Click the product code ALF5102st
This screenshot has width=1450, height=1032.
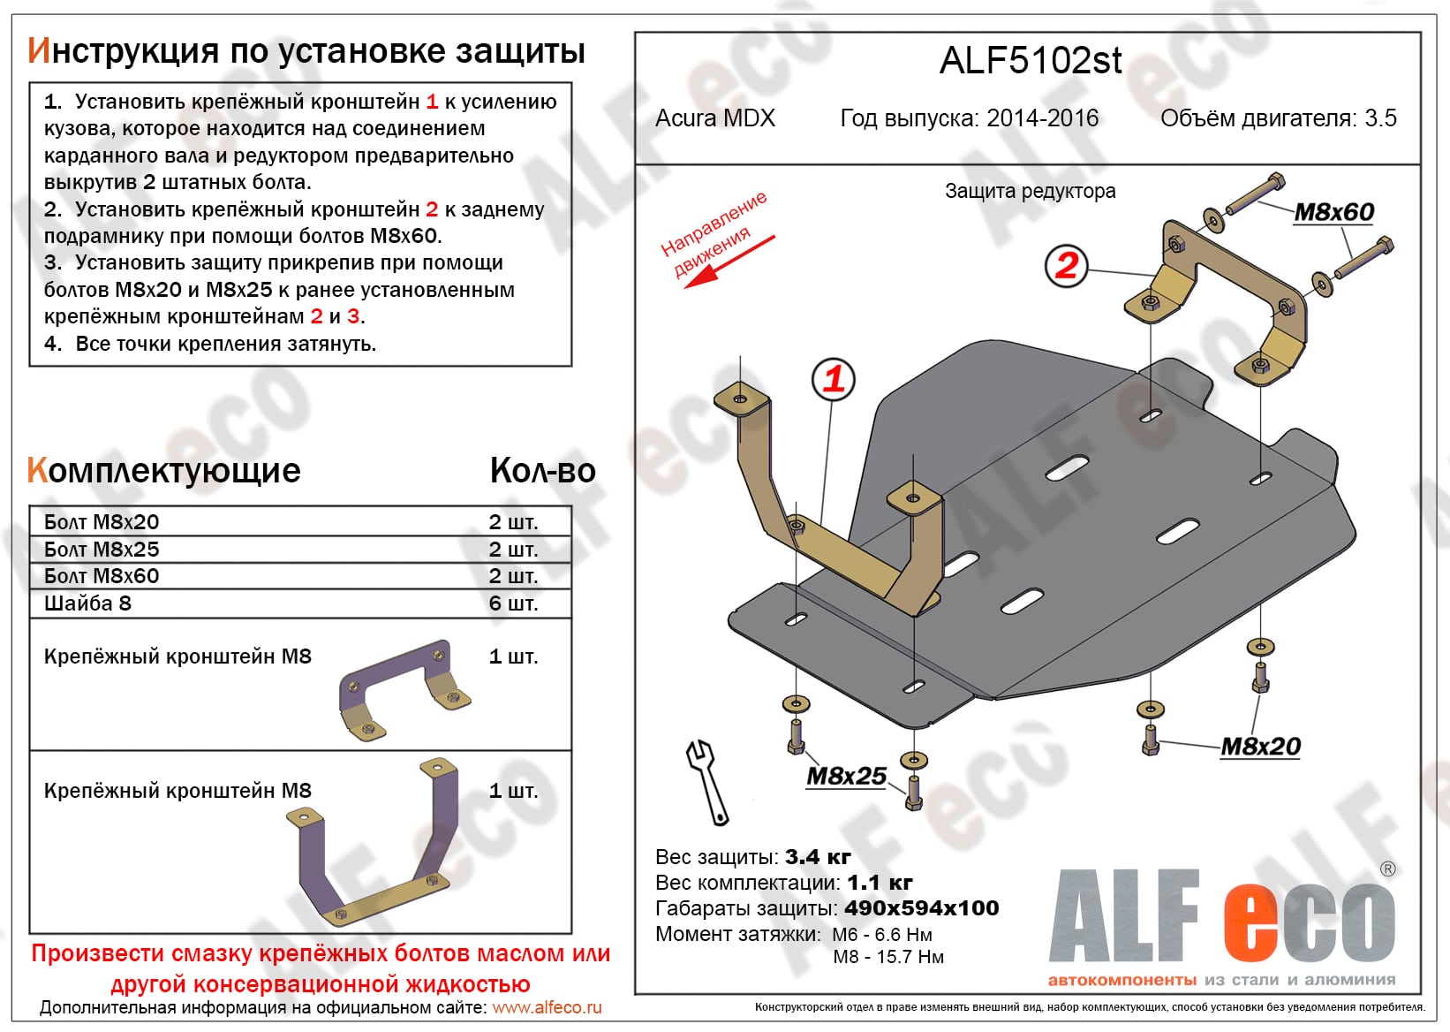coord(1030,60)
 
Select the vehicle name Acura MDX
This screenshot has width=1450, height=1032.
coord(714,118)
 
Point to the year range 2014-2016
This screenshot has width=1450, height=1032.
coord(1042,118)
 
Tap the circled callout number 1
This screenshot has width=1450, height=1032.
coord(833,379)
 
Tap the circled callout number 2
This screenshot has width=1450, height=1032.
coord(1066,265)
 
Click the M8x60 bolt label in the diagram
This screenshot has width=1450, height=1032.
coord(1333,212)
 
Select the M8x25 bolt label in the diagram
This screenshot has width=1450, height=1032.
coord(846,776)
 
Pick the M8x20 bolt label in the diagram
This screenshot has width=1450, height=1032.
coord(1260,747)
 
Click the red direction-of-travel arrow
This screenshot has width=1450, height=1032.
coord(729,262)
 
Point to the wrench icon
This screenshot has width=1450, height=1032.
coord(707,782)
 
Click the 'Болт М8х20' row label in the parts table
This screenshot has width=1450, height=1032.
coord(102,522)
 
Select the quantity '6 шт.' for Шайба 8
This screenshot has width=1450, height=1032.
coord(513,603)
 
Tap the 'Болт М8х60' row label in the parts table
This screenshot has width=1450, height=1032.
coord(102,576)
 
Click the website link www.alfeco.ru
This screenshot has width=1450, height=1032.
coord(547,1007)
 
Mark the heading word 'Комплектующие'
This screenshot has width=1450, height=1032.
coord(164,471)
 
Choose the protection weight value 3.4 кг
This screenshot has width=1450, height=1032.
coord(817,857)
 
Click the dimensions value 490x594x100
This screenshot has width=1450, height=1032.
coord(921,908)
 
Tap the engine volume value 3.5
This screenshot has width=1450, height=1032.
coord(1380,118)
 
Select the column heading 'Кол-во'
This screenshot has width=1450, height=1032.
coord(542,471)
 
